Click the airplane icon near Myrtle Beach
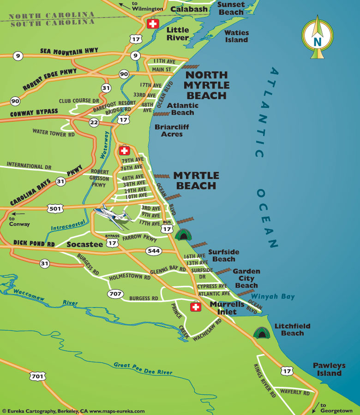(x=113, y=215)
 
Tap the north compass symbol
(x=317, y=37)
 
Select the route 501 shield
(x=55, y=208)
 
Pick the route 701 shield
(x=38, y=376)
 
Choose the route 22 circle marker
(x=94, y=122)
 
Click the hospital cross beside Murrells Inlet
(x=196, y=307)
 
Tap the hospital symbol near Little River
(x=152, y=24)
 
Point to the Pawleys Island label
(x=329, y=369)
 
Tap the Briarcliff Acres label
(x=172, y=130)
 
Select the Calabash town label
(x=189, y=9)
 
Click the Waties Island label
(x=236, y=36)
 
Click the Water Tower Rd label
(x=54, y=132)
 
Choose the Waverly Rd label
(x=294, y=393)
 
